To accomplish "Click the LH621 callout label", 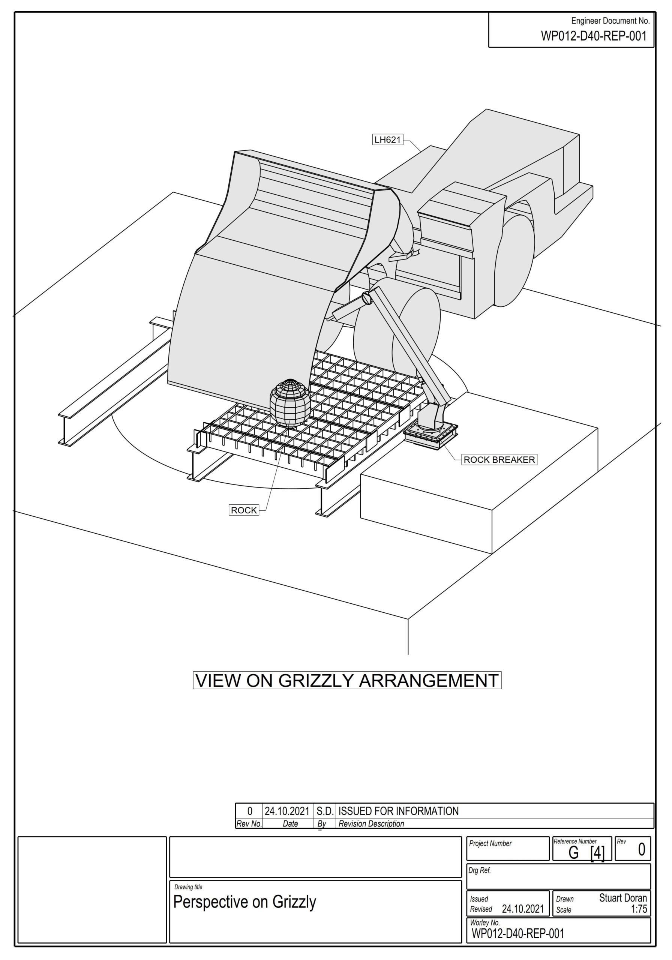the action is (x=388, y=139).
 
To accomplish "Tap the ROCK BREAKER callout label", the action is (x=499, y=459).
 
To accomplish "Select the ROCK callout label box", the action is (x=244, y=510).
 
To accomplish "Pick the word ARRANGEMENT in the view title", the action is (x=429, y=680).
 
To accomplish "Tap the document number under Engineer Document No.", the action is (x=594, y=36).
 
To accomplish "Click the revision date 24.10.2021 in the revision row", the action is (x=287, y=811).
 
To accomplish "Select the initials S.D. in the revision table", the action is (x=325, y=811).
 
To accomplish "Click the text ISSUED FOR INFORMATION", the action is (x=399, y=811).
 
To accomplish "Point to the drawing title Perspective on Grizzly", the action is (x=244, y=902).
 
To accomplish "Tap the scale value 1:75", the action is (x=639, y=909).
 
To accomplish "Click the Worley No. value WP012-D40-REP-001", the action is (x=518, y=933).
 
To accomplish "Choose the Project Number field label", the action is (x=490, y=843).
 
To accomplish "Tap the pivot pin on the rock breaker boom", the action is (x=366, y=298).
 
